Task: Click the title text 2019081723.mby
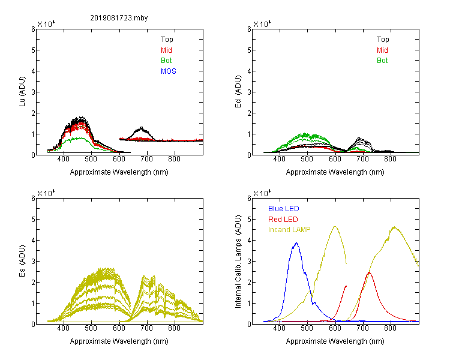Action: tap(119, 18)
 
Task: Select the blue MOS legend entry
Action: tap(168, 71)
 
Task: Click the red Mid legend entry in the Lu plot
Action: tap(166, 50)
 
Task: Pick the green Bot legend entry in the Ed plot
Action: tap(382, 61)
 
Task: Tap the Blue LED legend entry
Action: tap(284, 209)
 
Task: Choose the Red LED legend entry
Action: tap(283, 220)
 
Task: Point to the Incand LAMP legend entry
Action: tap(289, 230)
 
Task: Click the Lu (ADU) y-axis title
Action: tap(22, 92)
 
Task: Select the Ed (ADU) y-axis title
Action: tap(238, 92)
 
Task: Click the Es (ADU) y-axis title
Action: tap(22, 261)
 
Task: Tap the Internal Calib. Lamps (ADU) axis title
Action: tap(238, 262)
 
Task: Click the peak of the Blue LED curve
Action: tap(296, 243)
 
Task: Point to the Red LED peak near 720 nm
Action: tap(369, 272)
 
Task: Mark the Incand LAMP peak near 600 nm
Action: tap(335, 227)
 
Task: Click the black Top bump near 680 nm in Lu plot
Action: tap(141, 128)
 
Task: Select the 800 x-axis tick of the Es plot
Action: tap(174, 328)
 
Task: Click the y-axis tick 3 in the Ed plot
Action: tap(249, 92)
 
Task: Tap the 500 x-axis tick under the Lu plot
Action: tap(91, 159)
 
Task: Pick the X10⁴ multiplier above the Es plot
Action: tap(46, 193)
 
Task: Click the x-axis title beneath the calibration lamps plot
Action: tap(335, 341)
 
